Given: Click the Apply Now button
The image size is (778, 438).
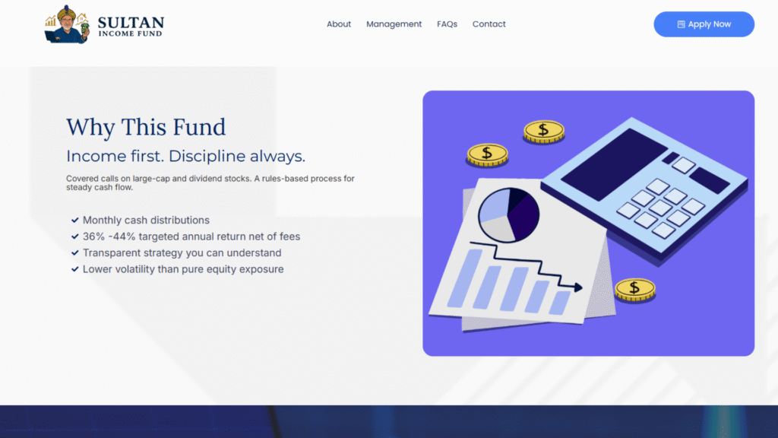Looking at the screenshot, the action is pyautogui.click(x=704, y=24).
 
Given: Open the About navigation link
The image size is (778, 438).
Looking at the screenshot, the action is pyautogui.click(x=338, y=24).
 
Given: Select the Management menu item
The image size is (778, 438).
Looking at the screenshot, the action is pyautogui.click(x=394, y=24).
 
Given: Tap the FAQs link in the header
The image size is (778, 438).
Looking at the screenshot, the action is pyautogui.click(x=447, y=24).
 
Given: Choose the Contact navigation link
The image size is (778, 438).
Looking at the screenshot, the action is pyautogui.click(x=489, y=24).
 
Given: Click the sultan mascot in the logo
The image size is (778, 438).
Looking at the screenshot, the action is pyautogui.click(x=67, y=25).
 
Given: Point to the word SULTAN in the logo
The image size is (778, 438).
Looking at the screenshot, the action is pyautogui.click(x=131, y=23).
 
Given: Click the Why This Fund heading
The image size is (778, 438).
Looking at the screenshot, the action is pyautogui.click(x=146, y=127).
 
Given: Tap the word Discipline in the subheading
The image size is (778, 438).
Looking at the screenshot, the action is pyautogui.click(x=207, y=156).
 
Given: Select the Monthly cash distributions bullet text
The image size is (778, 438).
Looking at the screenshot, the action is pyautogui.click(x=146, y=220).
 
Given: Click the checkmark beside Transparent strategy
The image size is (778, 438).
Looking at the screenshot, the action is pyautogui.click(x=75, y=252).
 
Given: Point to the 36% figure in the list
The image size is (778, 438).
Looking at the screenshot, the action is pyautogui.click(x=93, y=236).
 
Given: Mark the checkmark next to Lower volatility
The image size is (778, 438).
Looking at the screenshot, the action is pyautogui.click(x=75, y=269).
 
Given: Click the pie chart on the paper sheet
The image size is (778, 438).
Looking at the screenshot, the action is pyautogui.click(x=508, y=215).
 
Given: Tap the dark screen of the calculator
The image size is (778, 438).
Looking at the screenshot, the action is pyautogui.click(x=614, y=164).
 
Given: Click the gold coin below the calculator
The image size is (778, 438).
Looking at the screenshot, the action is pyautogui.click(x=635, y=290).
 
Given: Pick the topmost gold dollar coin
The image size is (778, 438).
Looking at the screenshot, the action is pyautogui.click(x=544, y=132).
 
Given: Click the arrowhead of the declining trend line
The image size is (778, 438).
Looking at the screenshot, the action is pyautogui.click(x=578, y=287).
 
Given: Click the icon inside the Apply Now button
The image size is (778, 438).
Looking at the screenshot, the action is pyautogui.click(x=682, y=24).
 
